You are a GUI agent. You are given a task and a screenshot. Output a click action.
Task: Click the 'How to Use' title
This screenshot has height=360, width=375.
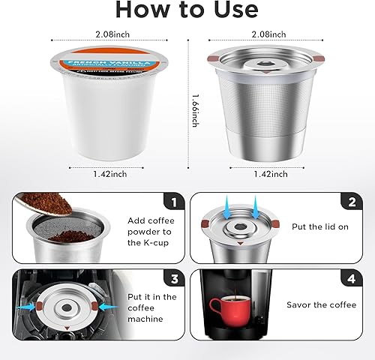tap(187, 10)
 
